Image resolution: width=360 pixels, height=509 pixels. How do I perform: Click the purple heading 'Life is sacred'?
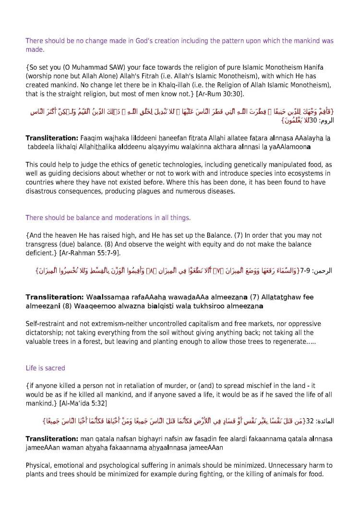click(45, 368)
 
